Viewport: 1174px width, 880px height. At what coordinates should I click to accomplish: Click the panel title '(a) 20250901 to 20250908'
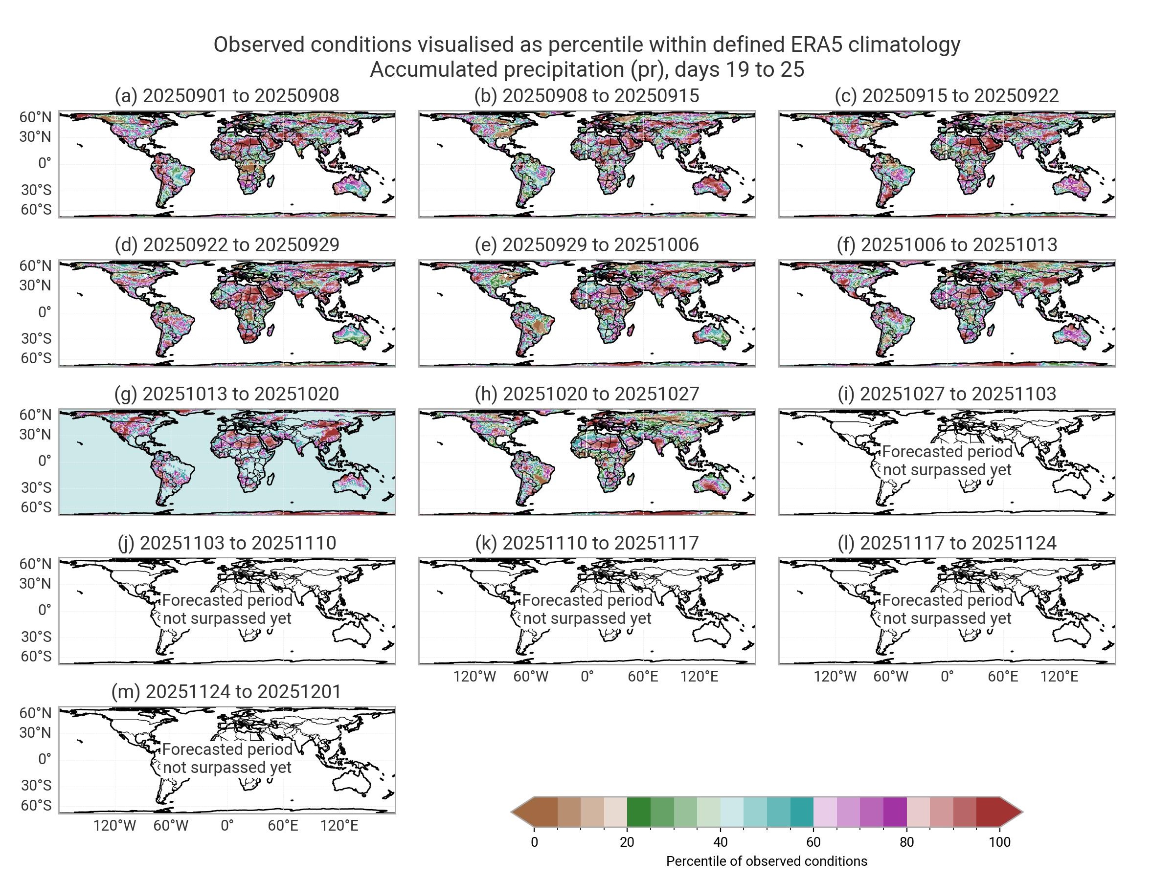pyautogui.click(x=226, y=96)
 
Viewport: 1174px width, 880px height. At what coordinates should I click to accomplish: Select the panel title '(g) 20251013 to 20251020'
pyautogui.click(x=226, y=394)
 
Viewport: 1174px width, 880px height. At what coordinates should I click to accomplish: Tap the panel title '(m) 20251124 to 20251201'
pyautogui.click(x=226, y=692)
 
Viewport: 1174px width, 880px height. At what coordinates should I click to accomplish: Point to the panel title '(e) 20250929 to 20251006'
pyautogui.click(x=587, y=245)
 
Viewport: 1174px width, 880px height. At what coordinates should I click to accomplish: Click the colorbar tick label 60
pyautogui.click(x=813, y=842)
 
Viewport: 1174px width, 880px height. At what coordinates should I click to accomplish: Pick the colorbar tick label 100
pyautogui.click(x=999, y=842)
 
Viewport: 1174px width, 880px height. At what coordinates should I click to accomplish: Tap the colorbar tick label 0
pyautogui.click(x=534, y=842)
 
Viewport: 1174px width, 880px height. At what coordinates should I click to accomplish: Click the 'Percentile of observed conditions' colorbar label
pyautogui.click(x=767, y=861)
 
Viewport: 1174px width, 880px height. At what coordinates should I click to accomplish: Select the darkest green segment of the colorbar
pyautogui.click(x=638, y=812)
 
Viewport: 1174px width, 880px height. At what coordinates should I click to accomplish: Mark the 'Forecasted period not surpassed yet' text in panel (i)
pyautogui.click(x=947, y=461)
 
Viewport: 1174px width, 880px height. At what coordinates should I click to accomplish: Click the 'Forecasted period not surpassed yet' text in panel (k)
pyautogui.click(x=587, y=609)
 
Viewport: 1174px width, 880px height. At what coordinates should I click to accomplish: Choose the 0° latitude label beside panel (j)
pyautogui.click(x=45, y=610)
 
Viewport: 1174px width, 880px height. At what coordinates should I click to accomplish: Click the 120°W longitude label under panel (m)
pyautogui.click(x=114, y=825)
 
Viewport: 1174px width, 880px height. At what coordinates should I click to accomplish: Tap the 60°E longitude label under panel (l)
pyautogui.click(x=1003, y=676)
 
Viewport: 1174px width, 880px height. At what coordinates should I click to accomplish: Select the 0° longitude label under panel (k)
pyautogui.click(x=587, y=676)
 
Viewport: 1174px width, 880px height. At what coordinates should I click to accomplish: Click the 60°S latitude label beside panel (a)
pyautogui.click(x=36, y=210)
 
